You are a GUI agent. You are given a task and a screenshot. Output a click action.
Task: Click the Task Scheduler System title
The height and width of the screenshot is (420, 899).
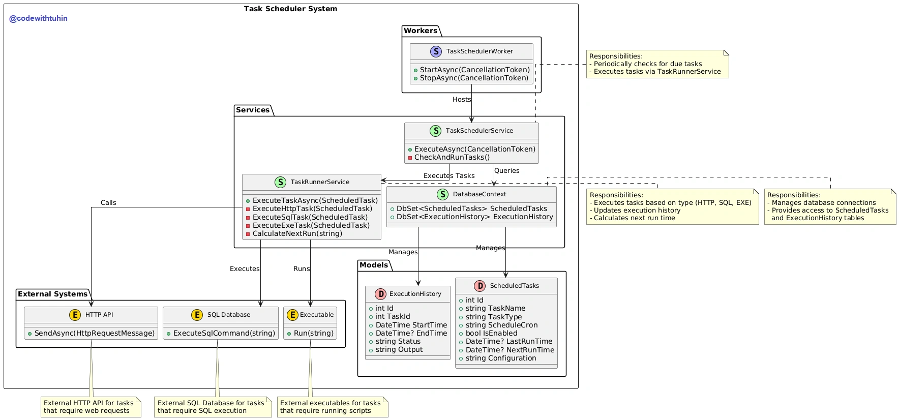click(x=290, y=9)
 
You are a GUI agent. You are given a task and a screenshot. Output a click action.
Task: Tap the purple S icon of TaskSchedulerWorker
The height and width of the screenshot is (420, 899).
click(x=436, y=51)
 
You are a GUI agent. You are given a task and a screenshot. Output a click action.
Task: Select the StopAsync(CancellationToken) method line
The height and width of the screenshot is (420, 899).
click(x=471, y=78)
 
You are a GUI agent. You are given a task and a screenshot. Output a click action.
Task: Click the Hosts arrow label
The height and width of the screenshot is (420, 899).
click(x=462, y=100)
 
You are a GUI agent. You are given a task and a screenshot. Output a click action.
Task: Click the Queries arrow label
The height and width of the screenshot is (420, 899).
click(x=507, y=171)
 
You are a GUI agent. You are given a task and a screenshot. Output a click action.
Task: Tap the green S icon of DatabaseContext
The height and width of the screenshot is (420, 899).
click(x=442, y=194)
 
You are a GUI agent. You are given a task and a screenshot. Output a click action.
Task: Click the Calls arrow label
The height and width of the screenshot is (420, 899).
click(x=108, y=203)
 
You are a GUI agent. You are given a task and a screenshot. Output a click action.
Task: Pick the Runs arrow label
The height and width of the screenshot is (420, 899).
click(x=302, y=269)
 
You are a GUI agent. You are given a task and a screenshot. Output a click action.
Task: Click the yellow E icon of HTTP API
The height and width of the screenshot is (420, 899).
click(x=75, y=315)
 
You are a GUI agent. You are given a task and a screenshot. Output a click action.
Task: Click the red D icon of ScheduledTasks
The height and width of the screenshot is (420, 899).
click(x=480, y=286)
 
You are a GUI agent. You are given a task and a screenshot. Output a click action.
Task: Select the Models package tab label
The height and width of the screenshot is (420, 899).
click(x=374, y=265)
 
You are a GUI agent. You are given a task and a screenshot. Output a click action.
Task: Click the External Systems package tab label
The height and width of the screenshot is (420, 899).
click(x=53, y=294)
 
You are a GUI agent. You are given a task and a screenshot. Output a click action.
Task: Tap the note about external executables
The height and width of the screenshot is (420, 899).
click(x=333, y=407)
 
